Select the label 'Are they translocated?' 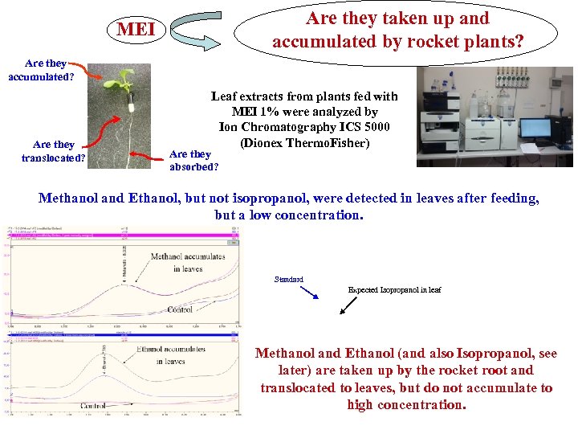[54, 151]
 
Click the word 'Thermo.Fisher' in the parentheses [331, 143]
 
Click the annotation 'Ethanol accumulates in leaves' [171, 355]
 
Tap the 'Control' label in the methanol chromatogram [179, 309]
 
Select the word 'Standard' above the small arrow [288, 280]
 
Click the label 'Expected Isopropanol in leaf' [394, 289]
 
